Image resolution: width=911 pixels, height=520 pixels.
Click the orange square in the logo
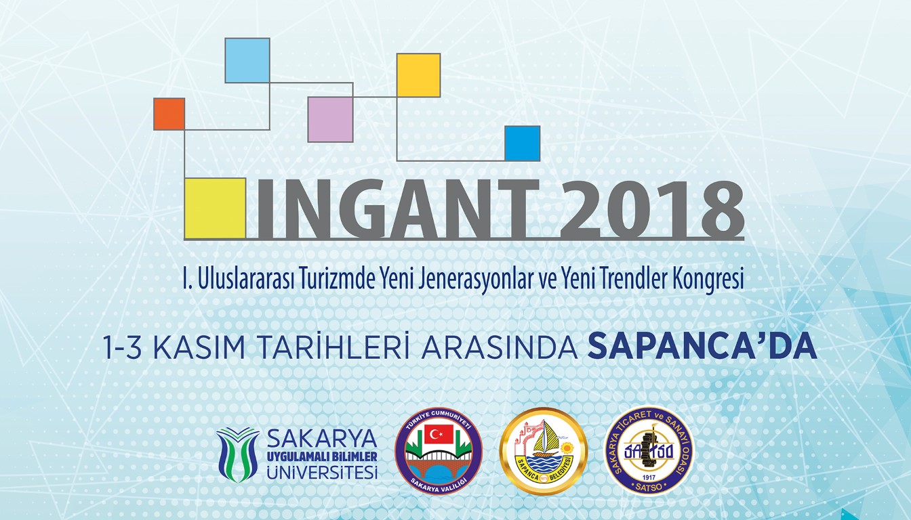tap(169, 114)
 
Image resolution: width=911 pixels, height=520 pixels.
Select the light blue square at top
tap(247, 60)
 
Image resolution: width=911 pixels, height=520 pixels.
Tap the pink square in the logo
tap(330, 119)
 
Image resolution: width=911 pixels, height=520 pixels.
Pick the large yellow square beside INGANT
tap(215, 208)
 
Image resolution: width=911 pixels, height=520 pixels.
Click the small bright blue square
tap(523, 144)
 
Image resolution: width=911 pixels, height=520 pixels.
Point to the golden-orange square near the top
tap(418, 75)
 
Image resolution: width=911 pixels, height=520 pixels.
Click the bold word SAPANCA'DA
tap(702, 347)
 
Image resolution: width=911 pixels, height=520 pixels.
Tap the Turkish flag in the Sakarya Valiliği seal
tap(439, 434)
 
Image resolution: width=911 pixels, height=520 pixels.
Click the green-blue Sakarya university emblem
tap(238, 454)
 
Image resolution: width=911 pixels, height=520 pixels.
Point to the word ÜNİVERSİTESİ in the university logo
tap(322, 473)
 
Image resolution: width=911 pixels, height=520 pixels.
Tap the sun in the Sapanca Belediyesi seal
tap(566, 448)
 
